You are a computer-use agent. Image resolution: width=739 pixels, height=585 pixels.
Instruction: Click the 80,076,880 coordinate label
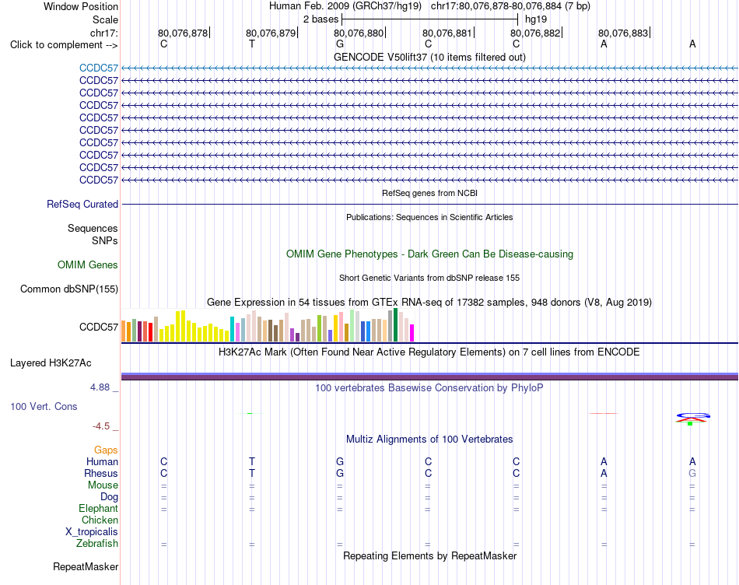coord(359,33)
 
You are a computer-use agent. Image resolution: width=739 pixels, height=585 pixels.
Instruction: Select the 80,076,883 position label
coord(624,33)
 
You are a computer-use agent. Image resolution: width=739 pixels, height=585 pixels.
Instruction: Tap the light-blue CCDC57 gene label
coord(99,68)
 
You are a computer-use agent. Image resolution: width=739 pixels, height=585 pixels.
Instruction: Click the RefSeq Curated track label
coord(82,204)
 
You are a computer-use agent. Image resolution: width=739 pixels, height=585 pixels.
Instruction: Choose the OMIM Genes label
coord(88,265)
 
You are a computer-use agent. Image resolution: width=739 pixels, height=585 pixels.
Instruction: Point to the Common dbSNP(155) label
coord(69,289)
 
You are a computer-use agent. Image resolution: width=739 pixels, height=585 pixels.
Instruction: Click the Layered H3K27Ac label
coord(51,363)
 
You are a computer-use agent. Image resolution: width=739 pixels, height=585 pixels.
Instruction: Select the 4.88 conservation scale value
coord(100,387)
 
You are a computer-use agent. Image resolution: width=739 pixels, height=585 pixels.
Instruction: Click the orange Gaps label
coord(106,450)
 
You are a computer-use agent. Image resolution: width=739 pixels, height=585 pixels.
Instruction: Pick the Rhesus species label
coord(101,473)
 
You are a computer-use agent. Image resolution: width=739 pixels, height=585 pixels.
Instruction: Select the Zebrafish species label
coord(97,544)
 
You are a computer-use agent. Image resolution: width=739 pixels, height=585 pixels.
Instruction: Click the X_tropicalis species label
coord(92,532)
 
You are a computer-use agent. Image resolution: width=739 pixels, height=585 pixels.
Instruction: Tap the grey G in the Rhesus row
coord(692,473)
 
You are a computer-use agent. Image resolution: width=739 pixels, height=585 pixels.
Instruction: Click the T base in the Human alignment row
coord(252,461)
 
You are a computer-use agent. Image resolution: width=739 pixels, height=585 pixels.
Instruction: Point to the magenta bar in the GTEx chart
coord(412,333)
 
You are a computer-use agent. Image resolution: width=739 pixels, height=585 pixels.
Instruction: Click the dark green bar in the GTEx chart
coord(396,325)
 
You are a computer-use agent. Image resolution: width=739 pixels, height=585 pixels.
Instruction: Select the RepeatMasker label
coord(86,566)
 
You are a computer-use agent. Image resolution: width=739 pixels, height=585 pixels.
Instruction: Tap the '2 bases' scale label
coord(321,19)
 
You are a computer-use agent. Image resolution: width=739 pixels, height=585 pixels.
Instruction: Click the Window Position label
coord(81,6)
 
